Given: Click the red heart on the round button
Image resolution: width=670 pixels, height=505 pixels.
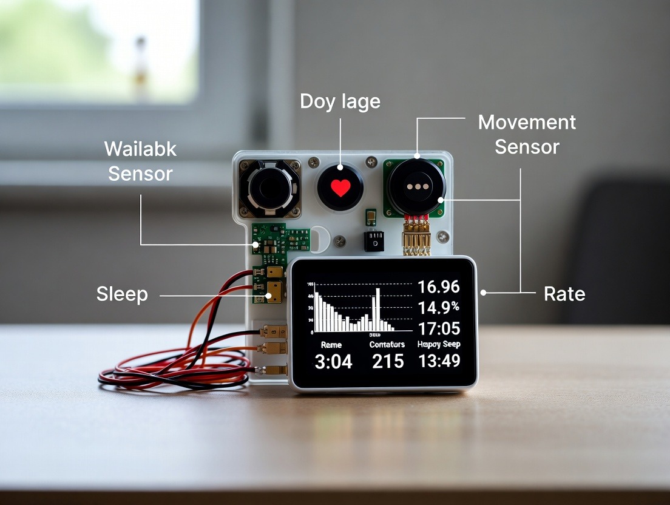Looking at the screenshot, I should pos(340,188).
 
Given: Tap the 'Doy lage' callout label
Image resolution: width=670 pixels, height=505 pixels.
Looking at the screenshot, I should pos(340,101).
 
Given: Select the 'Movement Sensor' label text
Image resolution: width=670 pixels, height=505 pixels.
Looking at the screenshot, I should pos(527,134).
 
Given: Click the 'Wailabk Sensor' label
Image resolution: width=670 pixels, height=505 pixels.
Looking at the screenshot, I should pos(140,161).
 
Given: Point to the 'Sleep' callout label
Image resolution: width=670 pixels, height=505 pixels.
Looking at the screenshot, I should pos(122,294).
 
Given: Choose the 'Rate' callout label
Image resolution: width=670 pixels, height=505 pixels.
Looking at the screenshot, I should pos(564,294).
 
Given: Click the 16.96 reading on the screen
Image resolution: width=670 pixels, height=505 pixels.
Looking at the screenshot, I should pos(439,286).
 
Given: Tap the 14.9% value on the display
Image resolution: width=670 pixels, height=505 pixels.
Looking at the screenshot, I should pos(439,307).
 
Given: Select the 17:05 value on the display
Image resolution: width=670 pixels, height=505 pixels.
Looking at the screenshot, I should pos(439,329).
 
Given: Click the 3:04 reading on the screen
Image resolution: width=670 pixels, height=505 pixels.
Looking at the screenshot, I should pos(333,362).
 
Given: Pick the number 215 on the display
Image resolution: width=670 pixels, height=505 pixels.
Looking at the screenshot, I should pos(388,362).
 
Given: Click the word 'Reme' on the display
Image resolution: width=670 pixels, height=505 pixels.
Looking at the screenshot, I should pos(331,345).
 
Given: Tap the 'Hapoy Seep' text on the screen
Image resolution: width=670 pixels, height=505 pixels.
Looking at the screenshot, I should pos(439,344).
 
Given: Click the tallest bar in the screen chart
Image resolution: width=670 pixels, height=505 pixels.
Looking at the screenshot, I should pos(377,308).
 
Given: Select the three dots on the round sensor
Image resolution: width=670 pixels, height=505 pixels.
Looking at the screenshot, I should pos(417,187).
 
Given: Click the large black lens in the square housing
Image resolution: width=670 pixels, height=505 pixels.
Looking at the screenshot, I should pos(270,188).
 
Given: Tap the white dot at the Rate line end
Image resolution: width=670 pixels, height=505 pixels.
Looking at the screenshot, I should pos(483,293).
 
